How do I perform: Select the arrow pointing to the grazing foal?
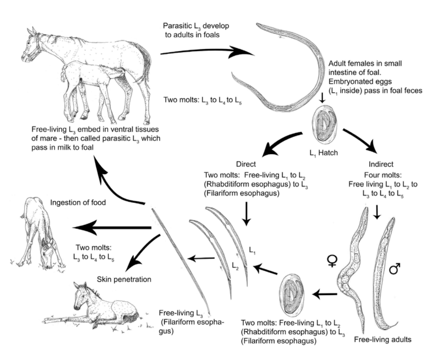(x=112, y=228)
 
